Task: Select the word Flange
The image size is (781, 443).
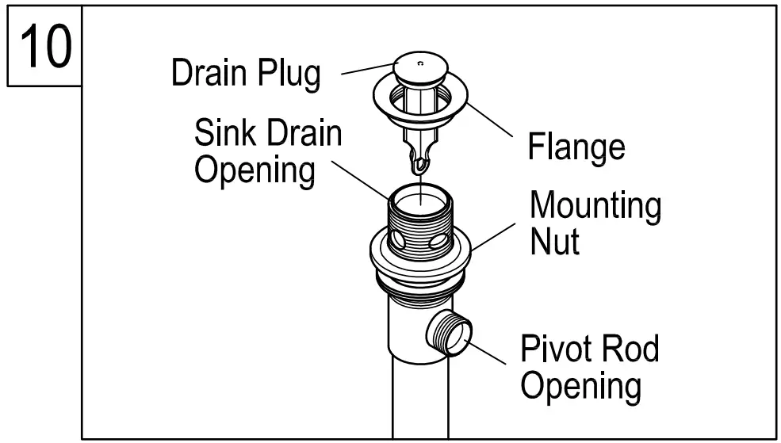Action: pos(576,147)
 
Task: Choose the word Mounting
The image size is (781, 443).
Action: pos(595,207)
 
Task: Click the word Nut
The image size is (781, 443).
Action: pos(554,241)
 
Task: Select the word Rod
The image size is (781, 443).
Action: pos(630,348)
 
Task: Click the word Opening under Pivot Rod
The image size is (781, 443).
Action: pos(580,386)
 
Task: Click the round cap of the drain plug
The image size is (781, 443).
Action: pos(420,70)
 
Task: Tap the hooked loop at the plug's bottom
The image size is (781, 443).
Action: pos(418,166)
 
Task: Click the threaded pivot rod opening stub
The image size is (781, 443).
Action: pos(450,331)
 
